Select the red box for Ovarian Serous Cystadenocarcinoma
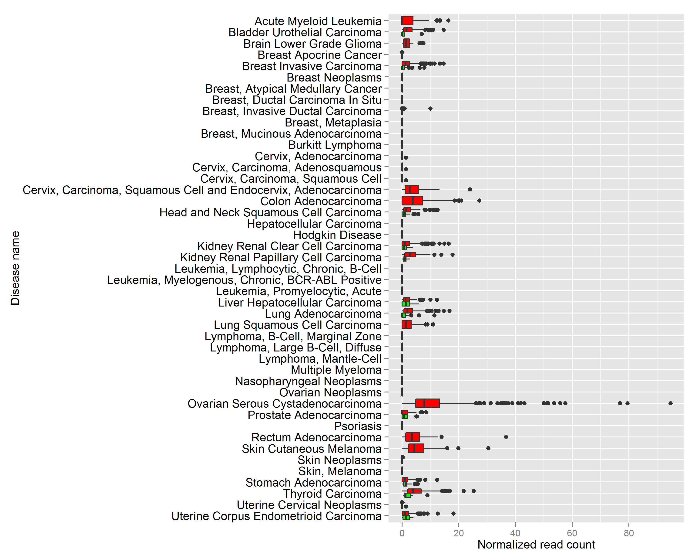(x=427, y=403)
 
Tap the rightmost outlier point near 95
(x=671, y=403)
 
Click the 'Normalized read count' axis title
(x=536, y=545)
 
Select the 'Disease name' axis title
(x=15, y=268)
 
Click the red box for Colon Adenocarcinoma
(x=412, y=201)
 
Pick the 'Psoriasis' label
(x=358, y=426)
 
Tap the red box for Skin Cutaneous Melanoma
(x=416, y=448)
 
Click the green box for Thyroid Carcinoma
(x=408, y=495)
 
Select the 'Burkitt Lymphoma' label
(x=335, y=145)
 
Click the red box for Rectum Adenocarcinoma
(x=413, y=437)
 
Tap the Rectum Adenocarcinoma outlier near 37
(x=506, y=437)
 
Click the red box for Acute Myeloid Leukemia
(x=407, y=20)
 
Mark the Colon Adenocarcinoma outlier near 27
(x=479, y=201)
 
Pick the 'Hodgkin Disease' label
(x=337, y=235)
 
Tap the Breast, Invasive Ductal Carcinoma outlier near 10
(x=430, y=109)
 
